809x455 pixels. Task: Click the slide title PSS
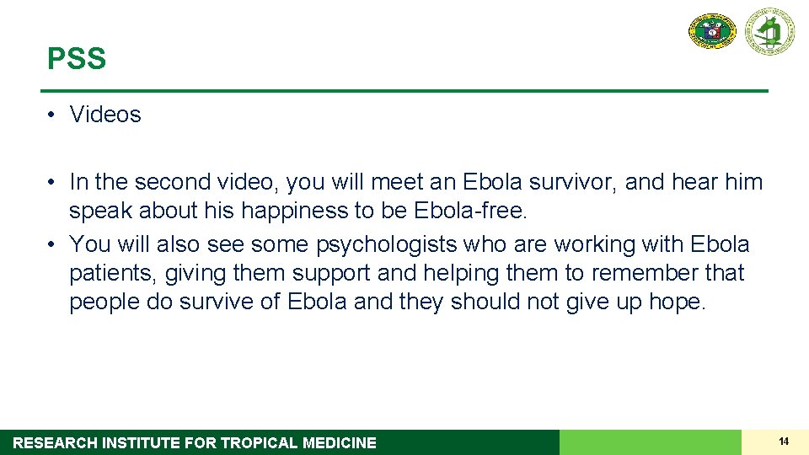(x=77, y=59)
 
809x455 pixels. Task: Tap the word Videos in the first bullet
(x=105, y=115)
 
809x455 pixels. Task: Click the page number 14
(x=784, y=442)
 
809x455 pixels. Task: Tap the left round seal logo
(x=713, y=31)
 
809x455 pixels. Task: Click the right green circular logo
(x=769, y=31)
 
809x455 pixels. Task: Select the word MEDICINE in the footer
(x=340, y=443)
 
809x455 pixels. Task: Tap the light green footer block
(x=650, y=442)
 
